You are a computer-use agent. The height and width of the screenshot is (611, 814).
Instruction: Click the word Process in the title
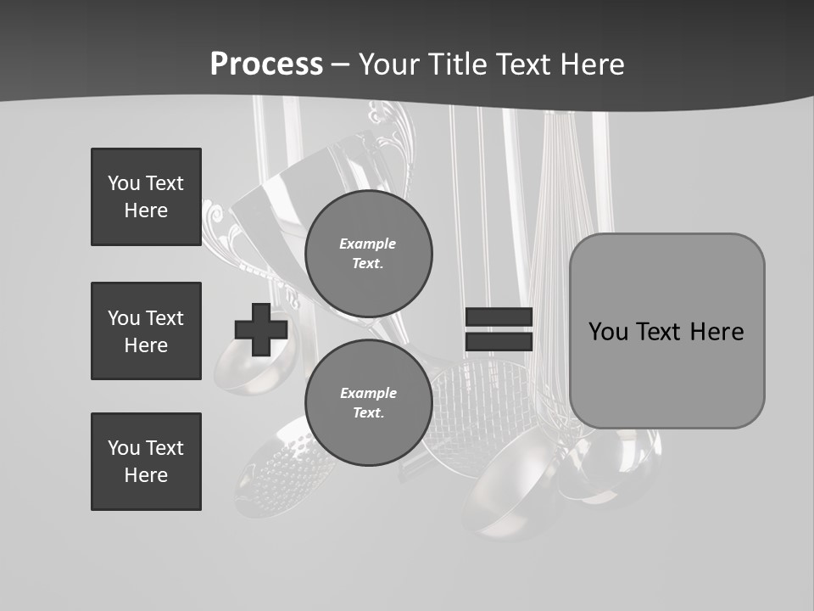coord(266,64)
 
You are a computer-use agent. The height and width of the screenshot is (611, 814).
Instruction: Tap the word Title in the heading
coord(456,64)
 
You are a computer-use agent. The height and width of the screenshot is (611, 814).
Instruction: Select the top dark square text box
coord(146,197)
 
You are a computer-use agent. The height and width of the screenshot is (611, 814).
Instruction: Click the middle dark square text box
coord(146,331)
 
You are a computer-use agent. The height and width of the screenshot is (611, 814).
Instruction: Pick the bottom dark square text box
coord(146,462)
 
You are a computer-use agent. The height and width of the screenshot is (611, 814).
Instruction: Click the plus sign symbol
coord(261,328)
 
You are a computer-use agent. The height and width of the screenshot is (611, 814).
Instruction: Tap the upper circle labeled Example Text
coord(368,254)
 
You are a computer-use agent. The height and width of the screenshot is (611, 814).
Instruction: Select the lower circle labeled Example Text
coord(368,403)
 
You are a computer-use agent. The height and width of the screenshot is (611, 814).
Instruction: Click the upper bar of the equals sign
coord(499,317)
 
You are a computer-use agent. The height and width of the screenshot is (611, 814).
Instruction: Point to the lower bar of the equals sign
coord(499,342)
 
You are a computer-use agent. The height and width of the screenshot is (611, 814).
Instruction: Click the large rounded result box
coord(666,373)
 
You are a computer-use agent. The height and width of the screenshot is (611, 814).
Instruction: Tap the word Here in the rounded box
coord(716,332)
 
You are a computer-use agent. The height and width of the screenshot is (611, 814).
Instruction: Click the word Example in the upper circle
coord(368,244)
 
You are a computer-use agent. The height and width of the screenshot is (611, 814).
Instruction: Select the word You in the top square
coord(123,183)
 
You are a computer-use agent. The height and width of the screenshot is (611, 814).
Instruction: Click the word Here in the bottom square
coord(146,475)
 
